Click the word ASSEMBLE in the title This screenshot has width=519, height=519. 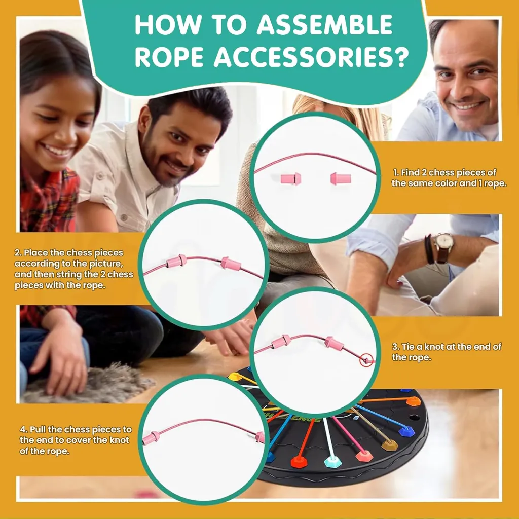pyautogui.click(x=325, y=25)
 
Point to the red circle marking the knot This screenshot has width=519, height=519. pyautogui.click(x=366, y=360)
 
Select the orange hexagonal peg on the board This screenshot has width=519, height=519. pyautogui.click(x=414, y=401)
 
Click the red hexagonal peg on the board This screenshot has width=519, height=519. pyautogui.click(x=299, y=461)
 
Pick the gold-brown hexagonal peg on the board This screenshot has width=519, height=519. pyautogui.click(x=390, y=444)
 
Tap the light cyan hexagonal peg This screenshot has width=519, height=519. pyautogui.click(x=332, y=462)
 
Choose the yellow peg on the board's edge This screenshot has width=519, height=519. pyautogui.click(x=235, y=377)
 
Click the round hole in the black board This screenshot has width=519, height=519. pyautogui.click(x=414, y=418)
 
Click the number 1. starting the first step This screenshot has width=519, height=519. pyautogui.click(x=396, y=172)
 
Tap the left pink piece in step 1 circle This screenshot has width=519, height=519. pyautogui.click(x=291, y=179)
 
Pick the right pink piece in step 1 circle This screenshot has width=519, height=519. pyautogui.click(x=341, y=179)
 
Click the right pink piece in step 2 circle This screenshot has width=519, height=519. pyautogui.click(x=231, y=264)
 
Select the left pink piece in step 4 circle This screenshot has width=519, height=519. pyautogui.click(x=151, y=438)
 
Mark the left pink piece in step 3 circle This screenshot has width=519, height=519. pyautogui.click(x=281, y=342)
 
